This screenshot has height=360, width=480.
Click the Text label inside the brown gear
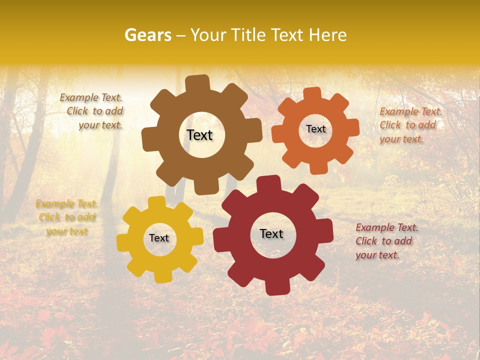[x=199, y=135]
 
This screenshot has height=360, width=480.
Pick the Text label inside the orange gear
[x=315, y=129]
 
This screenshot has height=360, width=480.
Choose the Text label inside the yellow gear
[x=159, y=238]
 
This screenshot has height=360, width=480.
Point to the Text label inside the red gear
[x=271, y=233]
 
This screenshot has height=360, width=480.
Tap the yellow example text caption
[x=67, y=217]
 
